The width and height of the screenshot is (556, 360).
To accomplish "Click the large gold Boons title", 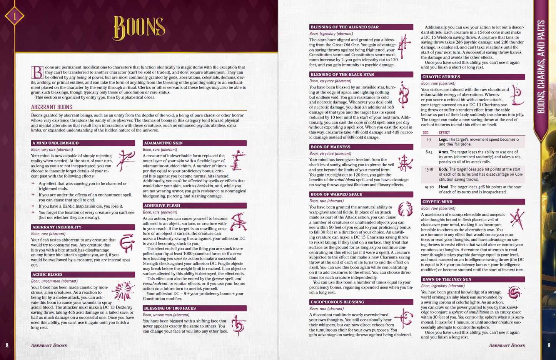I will click(139, 28).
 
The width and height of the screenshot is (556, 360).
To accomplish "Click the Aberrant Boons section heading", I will click(52, 107).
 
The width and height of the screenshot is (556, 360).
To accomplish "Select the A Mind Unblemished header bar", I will click(83, 143).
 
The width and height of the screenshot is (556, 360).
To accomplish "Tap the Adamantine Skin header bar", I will click(194, 143).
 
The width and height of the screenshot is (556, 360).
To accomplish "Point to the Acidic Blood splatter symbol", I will click(123, 291).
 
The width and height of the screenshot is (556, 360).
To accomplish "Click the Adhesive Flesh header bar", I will click(194, 206).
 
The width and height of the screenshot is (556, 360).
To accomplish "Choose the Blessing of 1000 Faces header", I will click(194, 308).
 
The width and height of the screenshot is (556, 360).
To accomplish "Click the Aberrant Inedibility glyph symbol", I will click(127, 243).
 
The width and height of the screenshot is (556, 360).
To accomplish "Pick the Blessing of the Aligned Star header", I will click(361, 27).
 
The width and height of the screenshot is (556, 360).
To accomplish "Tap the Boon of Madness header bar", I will click(361, 147).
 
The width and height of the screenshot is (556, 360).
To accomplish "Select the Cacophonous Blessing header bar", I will click(361, 302).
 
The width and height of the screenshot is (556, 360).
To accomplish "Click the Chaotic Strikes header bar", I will click(473, 77).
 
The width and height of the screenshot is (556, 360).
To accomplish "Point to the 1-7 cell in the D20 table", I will click(429, 140).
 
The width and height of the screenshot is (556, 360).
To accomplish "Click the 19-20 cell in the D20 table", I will click(429, 187).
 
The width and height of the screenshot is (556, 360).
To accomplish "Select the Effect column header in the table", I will click(444, 133).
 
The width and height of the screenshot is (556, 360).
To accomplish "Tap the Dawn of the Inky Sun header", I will click(473, 279).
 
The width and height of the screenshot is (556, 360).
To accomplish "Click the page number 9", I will click(549, 345).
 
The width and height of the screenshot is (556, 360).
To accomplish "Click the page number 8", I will click(7, 345).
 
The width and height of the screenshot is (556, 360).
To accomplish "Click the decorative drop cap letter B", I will click(37, 72).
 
